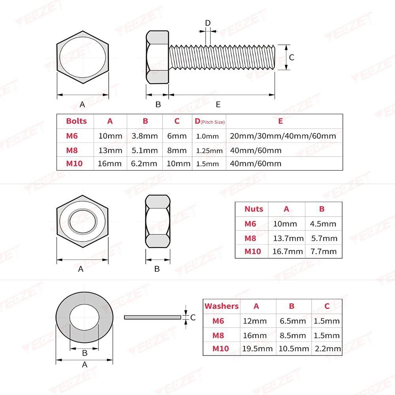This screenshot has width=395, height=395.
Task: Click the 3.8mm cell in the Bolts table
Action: (x=145, y=136)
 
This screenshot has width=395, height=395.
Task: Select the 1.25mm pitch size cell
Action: (x=209, y=150)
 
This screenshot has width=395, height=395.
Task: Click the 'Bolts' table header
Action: (x=76, y=121)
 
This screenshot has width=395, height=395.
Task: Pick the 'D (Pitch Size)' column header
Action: (x=209, y=121)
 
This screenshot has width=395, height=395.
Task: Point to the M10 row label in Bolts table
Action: (x=75, y=164)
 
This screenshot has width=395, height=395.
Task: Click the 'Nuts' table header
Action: (x=253, y=209)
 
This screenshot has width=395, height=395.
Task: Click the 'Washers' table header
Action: (x=222, y=306)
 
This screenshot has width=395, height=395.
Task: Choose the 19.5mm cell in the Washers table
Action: (x=257, y=348)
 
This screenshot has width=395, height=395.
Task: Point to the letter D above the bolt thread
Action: (x=208, y=23)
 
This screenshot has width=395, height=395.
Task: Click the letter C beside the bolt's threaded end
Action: (x=292, y=57)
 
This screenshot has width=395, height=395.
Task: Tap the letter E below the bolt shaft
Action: (x=218, y=104)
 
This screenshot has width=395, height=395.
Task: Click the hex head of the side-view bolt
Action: (x=157, y=58)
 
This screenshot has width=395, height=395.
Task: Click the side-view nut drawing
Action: (x=158, y=221)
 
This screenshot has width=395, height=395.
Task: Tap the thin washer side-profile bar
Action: (x=152, y=317)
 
